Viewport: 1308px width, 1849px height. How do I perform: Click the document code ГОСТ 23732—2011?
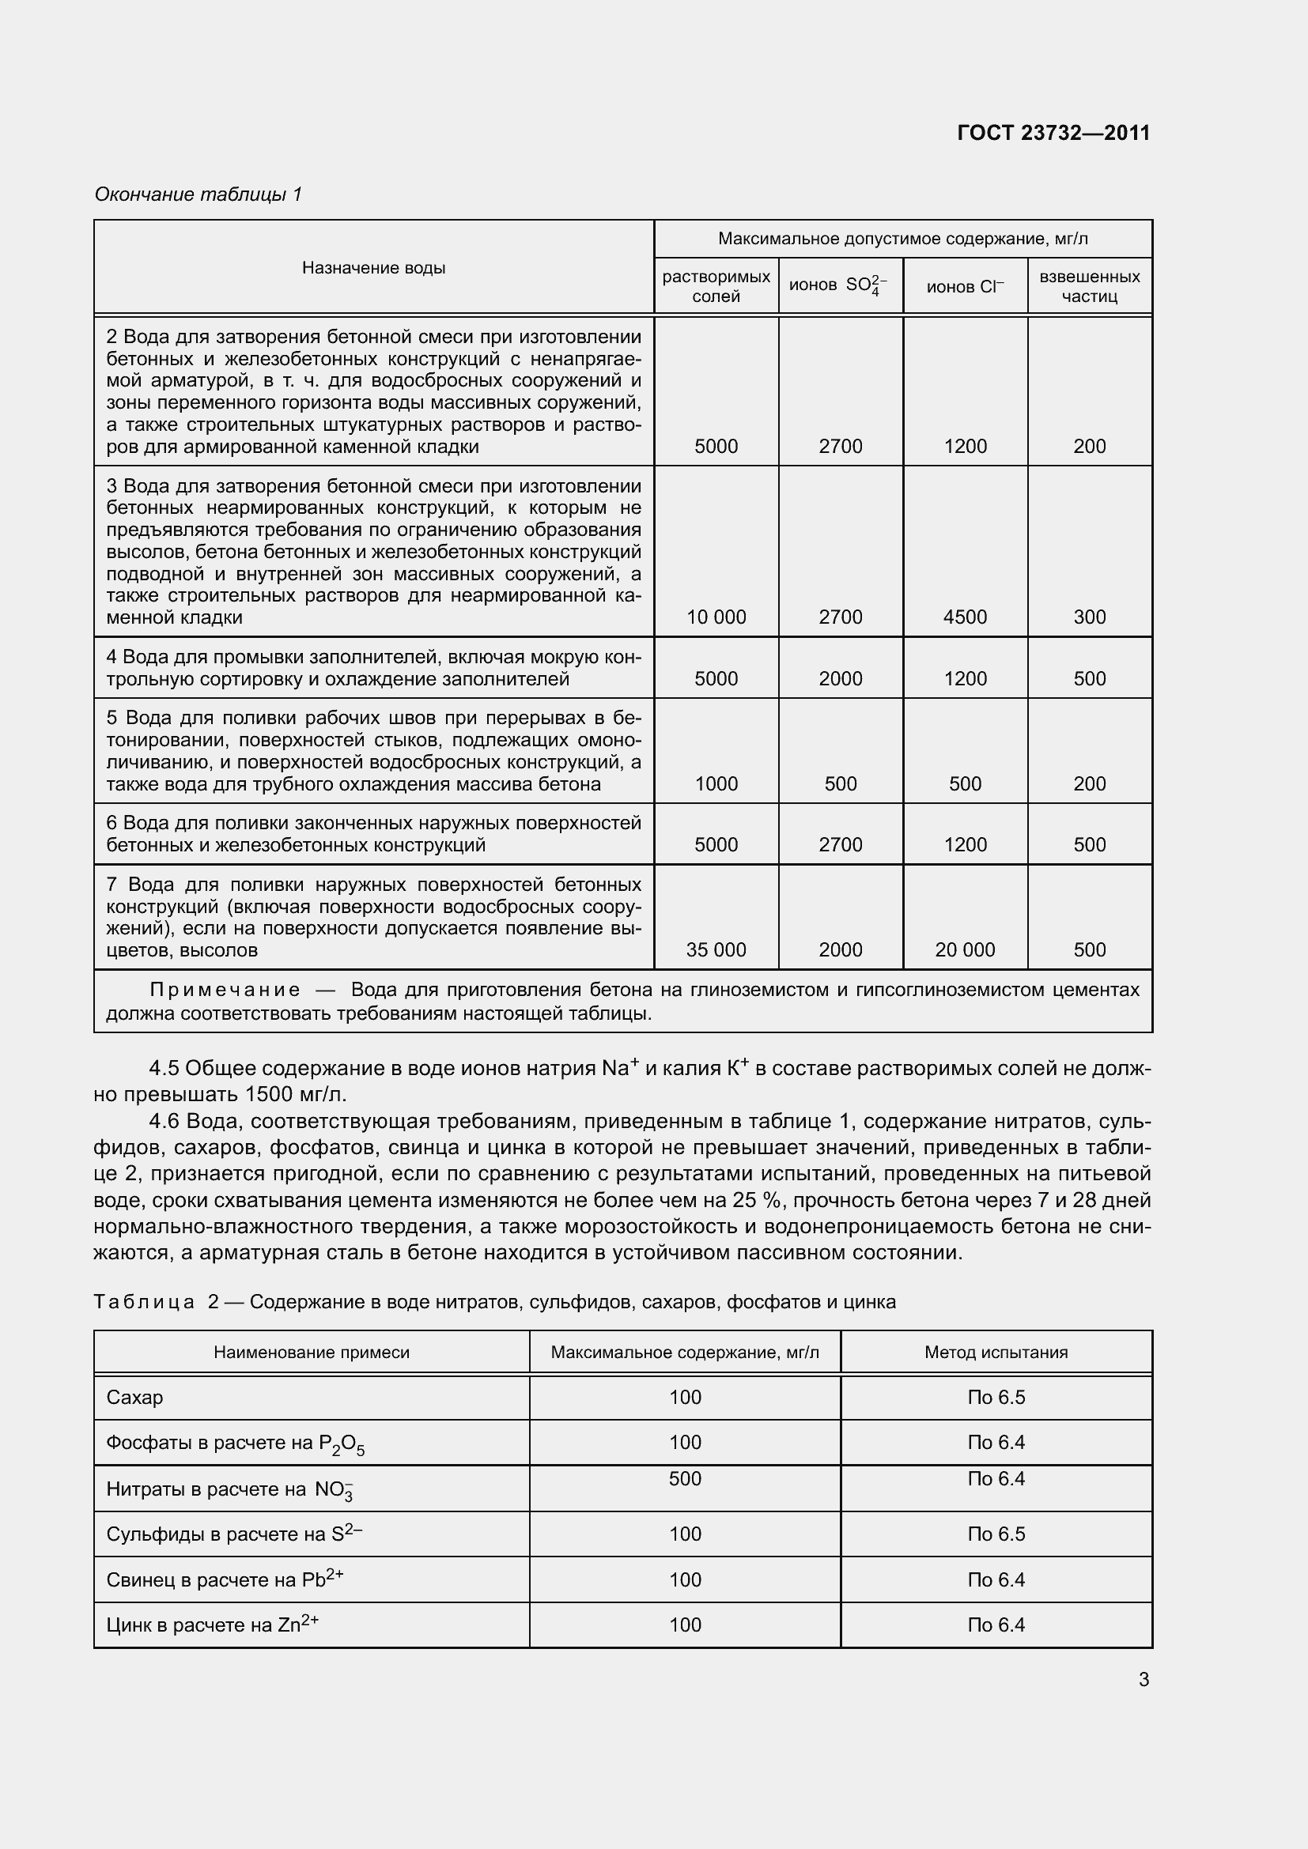[1053, 133]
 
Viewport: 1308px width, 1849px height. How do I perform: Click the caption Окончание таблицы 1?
[198, 194]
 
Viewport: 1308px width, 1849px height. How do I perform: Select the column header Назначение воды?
[374, 268]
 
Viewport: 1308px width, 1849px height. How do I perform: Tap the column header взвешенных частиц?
[1089, 287]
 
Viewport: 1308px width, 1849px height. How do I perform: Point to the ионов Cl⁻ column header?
[965, 287]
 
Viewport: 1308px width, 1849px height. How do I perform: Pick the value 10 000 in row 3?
[716, 617]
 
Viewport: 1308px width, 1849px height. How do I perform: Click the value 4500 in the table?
[965, 617]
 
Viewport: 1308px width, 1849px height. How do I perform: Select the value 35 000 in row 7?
[716, 949]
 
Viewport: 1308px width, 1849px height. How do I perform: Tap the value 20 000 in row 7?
[965, 949]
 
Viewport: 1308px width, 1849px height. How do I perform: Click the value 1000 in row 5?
[716, 783]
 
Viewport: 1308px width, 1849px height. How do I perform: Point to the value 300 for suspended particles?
[1089, 617]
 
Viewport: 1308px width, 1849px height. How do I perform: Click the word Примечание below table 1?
[225, 990]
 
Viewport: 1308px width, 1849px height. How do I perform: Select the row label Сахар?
[134, 1397]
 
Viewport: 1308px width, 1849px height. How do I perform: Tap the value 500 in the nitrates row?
[685, 1478]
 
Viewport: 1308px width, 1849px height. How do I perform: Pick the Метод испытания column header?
[996, 1352]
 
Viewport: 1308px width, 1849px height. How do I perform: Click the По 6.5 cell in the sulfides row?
[996, 1534]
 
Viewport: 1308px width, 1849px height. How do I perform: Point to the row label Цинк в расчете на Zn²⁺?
[213, 1625]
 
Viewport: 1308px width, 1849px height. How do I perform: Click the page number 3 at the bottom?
[1144, 1680]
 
